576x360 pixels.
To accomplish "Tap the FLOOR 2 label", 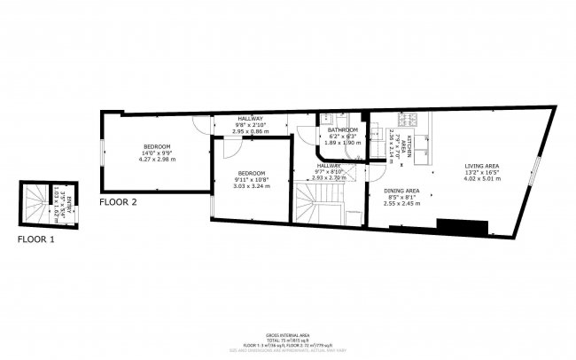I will [118, 202].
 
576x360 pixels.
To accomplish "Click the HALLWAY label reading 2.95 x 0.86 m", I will [250, 131].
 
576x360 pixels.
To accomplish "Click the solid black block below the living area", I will [463, 227].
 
